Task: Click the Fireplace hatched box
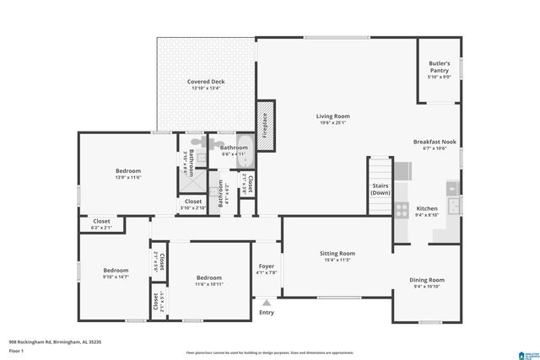[264, 126]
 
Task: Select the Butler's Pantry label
[440, 67]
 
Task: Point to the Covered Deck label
[205, 82]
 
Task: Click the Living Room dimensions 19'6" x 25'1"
[332, 123]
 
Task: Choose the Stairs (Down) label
[380, 189]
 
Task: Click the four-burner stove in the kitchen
[402, 209]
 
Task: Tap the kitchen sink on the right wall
[455, 204]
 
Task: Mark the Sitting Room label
[337, 253]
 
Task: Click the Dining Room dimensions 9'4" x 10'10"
[426, 287]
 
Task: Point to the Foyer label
[267, 266]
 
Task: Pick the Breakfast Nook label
[435, 142]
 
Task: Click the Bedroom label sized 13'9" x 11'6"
[128, 171]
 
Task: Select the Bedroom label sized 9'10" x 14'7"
[116, 271]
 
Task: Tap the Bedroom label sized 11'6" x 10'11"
[209, 277]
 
